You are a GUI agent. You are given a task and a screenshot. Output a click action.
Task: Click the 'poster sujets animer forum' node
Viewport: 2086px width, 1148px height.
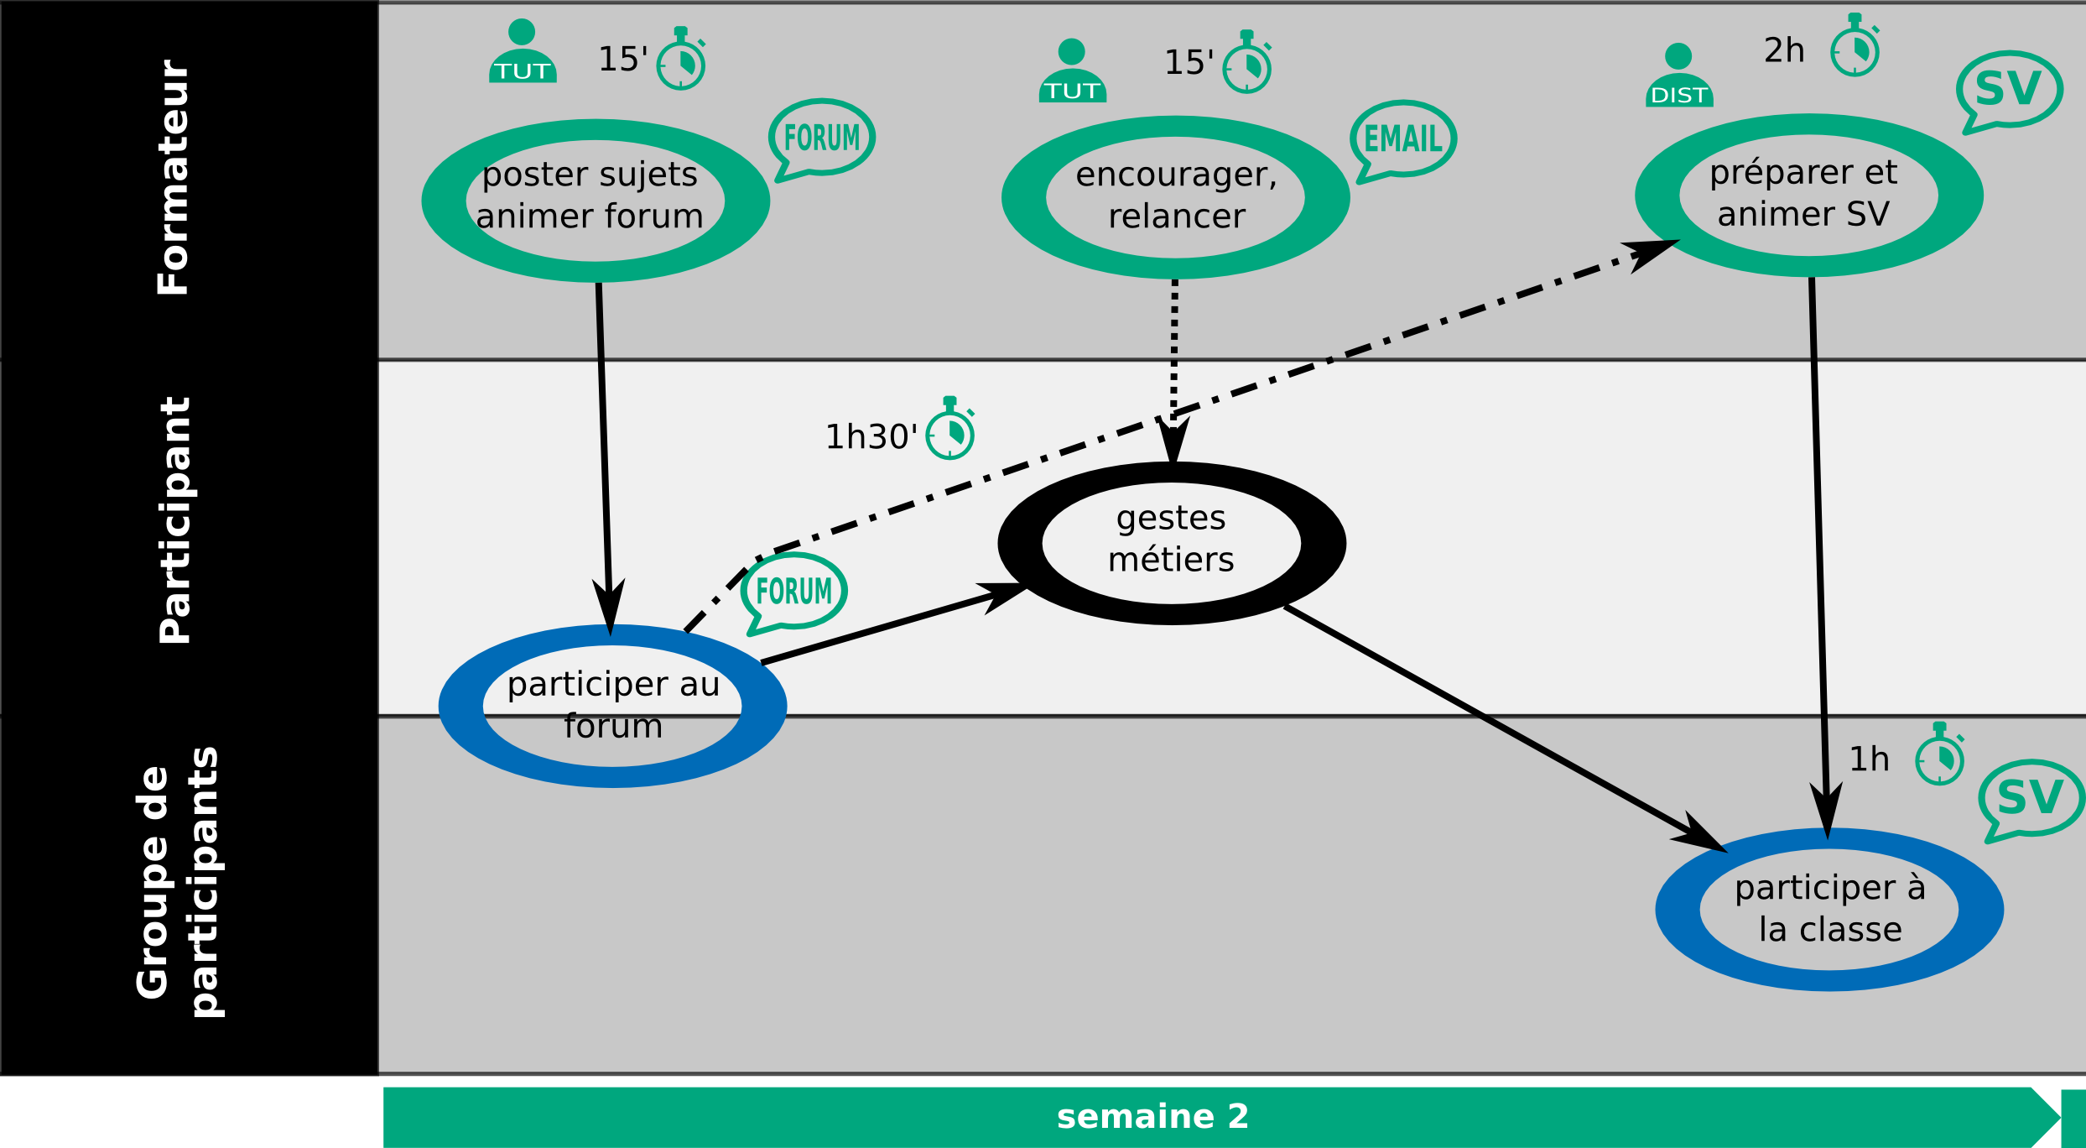(x=595, y=200)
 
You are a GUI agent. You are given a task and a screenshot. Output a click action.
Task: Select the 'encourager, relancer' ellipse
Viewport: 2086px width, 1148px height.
(x=1175, y=197)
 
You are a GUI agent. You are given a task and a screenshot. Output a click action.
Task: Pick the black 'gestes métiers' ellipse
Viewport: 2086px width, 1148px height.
(x=1171, y=542)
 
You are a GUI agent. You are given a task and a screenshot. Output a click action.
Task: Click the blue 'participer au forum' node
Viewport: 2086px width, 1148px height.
(x=612, y=705)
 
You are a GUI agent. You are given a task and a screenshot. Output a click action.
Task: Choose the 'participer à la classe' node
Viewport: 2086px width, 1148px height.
(x=1829, y=909)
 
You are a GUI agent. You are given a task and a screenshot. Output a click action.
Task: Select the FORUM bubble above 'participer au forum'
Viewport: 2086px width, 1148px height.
(x=793, y=592)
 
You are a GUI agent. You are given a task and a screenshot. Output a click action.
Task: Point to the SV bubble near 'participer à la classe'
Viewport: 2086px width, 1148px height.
(x=2031, y=798)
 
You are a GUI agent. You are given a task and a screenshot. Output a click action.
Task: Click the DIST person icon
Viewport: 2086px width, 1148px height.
(x=1678, y=76)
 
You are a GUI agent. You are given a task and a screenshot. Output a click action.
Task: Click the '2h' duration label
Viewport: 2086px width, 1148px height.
(x=1784, y=51)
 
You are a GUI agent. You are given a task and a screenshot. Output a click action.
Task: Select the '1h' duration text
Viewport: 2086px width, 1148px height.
(x=1870, y=759)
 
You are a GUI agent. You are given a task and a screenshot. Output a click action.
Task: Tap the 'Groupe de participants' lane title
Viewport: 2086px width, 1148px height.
(x=178, y=881)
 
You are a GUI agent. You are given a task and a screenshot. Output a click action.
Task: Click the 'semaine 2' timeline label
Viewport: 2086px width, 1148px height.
(x=1152, y=1117)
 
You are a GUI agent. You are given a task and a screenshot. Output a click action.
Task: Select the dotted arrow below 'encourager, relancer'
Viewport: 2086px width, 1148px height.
(x=1174, y=352)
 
